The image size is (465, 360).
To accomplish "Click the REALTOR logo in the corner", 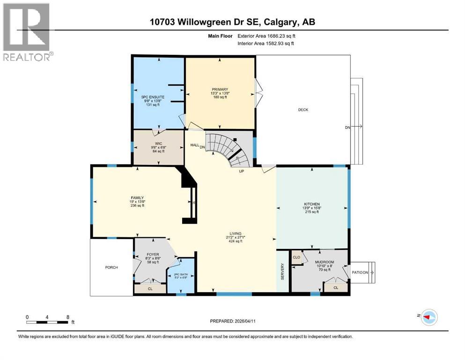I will click(27, 32).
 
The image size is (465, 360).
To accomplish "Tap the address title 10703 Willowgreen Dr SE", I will click(232, 22).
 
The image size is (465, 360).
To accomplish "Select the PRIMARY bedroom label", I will click(220, 90).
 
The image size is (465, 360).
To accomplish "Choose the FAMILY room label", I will click(137, 198).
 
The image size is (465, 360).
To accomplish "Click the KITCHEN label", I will click(312, 204).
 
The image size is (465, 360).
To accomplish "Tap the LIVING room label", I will click(235, 233).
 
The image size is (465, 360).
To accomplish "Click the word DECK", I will click(303, 110).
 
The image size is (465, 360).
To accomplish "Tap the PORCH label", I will click(111, 268).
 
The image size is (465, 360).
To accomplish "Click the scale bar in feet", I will click(49, 321).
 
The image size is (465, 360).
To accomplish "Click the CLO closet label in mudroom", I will click(296, 257).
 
